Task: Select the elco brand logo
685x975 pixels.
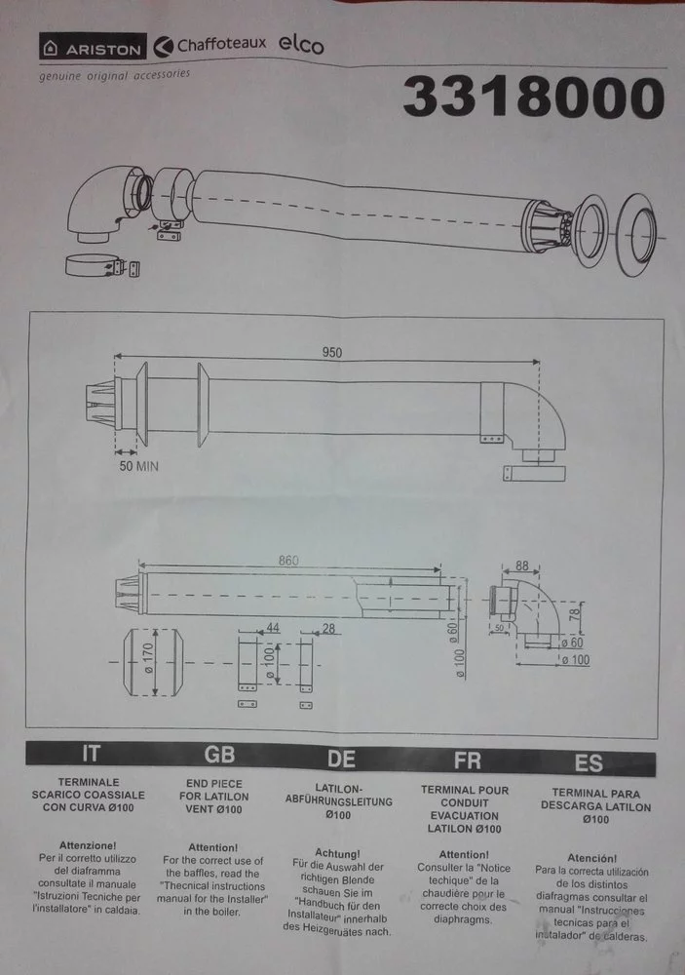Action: [x=302, y=45]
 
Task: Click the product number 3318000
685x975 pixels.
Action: [x=534, y=98]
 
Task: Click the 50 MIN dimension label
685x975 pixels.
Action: [x=136, y=466]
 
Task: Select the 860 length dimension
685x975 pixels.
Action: [x=288, y=561]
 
